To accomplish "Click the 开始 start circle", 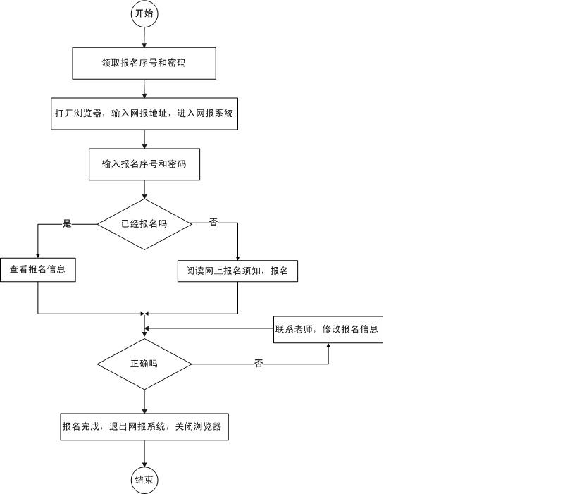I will pyautogui.click(x=144, y=13).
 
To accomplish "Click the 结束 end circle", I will pyautogui.click(x=144, y=481).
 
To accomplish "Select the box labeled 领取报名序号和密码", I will pyautogui.click(x=144, y=63).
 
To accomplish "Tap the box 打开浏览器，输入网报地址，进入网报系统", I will pyautogui.click(x=144, y=113).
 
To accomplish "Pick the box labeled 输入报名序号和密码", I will pyautogui.click(x=144, y=164).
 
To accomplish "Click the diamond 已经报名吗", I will pyautogui.click(x=144, y=224).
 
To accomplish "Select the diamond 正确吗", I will pyautogui.click(x=144, y=364).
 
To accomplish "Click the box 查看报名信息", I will pyautogui.click(x=37, y=269).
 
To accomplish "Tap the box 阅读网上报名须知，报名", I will pyautogui.click(x=237, y=271).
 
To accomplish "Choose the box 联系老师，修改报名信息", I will pyautogui.click(x=328, y=329).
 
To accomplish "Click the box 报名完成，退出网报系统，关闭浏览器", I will pyautogui.click(x=144, y=427).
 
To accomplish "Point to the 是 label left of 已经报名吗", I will pyautogui.click(x=68, y=224).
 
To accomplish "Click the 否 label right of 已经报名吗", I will pyautogui.click(x=213, y=223).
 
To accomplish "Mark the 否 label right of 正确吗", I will pyautogui.click(x=259, y=364).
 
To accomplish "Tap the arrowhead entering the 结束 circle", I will pyautogui.click(x=144, y=465).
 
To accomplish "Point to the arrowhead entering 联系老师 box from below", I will pyautogui.click(x=328, y=346).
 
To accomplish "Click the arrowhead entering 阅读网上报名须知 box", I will pyautogui.click(x=237, y=258).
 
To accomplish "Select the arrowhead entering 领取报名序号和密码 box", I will pyautogui.click(x=144, y=44).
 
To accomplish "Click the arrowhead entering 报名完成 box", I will pyautogui.click(x=144, y=411).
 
